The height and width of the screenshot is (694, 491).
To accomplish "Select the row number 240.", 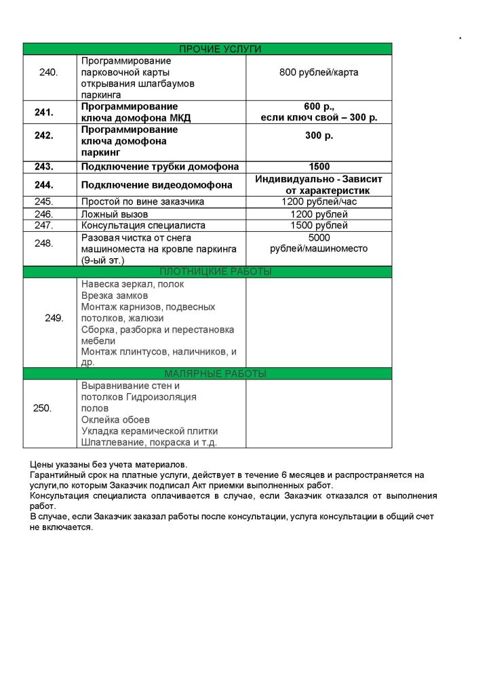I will (49, 73).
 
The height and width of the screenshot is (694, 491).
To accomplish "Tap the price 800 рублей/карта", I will (319, 73).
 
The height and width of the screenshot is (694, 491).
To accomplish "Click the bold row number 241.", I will (44, 112).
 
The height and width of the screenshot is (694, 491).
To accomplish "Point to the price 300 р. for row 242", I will (319, 136).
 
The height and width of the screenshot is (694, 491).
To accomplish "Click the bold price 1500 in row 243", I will (319, 167).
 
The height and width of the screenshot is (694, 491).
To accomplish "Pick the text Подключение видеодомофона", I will (157, 185).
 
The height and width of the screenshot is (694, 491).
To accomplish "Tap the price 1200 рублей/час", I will (319, 201).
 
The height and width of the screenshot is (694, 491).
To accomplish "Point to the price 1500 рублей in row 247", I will (319, 225).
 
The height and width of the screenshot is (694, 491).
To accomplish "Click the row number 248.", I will (44, 243).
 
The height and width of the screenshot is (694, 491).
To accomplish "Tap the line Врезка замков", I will (115, 295).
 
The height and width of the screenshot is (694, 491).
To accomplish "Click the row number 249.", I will (54, 318).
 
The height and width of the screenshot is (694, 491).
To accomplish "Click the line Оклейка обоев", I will (115, 420).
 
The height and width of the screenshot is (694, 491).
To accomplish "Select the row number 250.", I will (42, 408).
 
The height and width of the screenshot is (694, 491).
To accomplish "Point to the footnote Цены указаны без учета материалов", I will (109, 464).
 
